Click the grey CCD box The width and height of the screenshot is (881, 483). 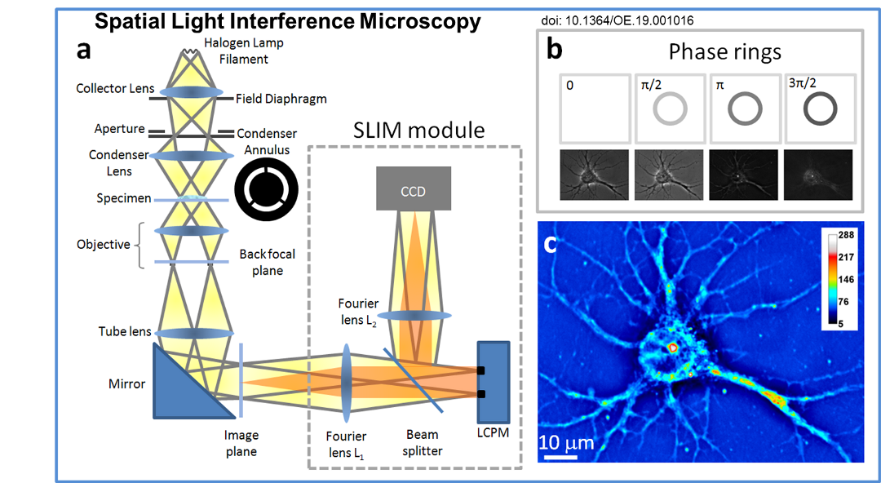click(x=414, y=191)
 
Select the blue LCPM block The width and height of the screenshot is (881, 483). click(x=493, y=383)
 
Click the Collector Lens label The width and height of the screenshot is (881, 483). click(x=115, y=88)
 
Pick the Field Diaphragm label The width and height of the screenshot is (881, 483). click(x=281, y=99)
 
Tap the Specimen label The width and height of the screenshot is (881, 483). click(x=123, y=198)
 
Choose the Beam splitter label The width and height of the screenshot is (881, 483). click(x=422, y=442)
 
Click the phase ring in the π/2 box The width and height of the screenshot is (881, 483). click(x=667, y=109)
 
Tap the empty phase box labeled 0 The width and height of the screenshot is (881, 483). click(x=595, y=109)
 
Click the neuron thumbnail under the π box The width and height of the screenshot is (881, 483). click(x=743, y=175)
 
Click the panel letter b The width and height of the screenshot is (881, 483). click(x=554, y=50)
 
